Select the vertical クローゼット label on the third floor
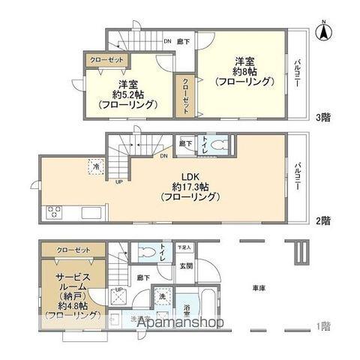(185, 96)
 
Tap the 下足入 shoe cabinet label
(184, 246)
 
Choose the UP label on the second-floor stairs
(118, 181)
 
